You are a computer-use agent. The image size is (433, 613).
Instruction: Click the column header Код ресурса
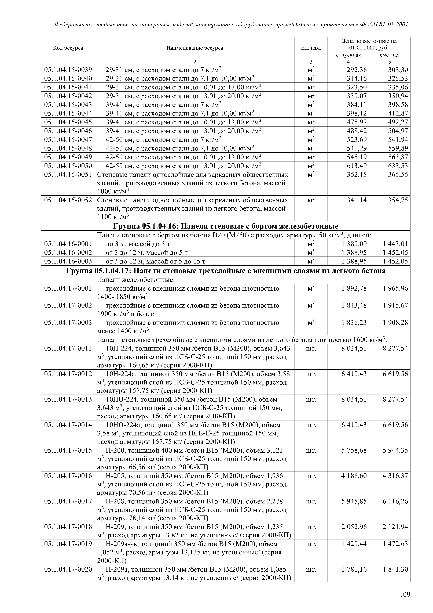pyautogui.click(x=68, y=48)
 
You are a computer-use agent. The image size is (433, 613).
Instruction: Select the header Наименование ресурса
pyautogui.click(x=195, y=48)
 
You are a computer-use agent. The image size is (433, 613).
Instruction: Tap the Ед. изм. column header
pyautogui.click(x=311, y=48)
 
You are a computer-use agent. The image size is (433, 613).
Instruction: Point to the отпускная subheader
pyautogui.click(x=348, y=55)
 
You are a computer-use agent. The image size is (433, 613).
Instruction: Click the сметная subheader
pyautogui.click(x=390, y=55)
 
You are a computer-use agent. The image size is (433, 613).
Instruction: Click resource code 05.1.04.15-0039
pyautogui.click(x=68, y=70)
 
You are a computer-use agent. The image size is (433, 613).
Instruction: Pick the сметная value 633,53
pyautogui.click(x=398, y=166)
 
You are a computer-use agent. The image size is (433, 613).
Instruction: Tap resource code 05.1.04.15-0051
pyautogui.click(x=68, y=175)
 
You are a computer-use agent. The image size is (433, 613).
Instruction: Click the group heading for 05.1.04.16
pyautogui.click(x=226, y=226)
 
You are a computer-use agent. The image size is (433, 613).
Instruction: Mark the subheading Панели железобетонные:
pyautogui.click(x=136, y=280)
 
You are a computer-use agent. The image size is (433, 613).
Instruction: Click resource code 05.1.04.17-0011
pyautogui.click(x=68, y=348)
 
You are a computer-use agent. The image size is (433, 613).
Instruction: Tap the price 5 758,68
pyautogui.click(x=354, y=450)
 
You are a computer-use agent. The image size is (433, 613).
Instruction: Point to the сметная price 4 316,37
pyautogui.click(x=395, y=476)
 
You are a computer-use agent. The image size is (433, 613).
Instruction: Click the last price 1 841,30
pyautogui.click(x=395, y=569)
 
